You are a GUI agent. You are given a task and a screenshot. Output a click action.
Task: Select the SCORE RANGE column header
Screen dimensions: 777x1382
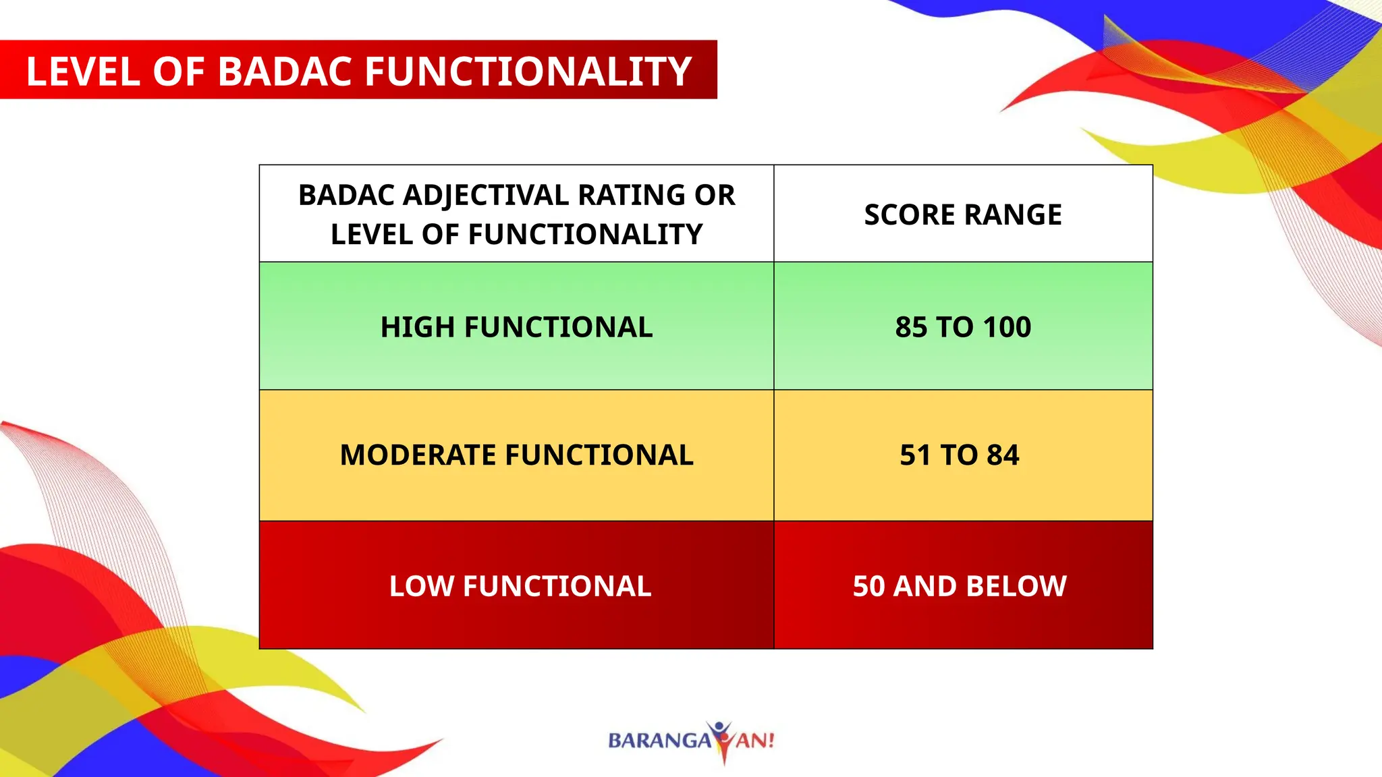963,214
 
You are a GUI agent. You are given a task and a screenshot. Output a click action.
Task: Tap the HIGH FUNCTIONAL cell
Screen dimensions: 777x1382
516,327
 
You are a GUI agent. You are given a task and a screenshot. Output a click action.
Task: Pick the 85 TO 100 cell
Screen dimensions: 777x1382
963,327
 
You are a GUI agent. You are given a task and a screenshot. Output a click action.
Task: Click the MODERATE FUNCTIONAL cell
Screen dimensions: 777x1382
516,455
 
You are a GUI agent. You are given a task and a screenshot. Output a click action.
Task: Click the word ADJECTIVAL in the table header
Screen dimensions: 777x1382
486,196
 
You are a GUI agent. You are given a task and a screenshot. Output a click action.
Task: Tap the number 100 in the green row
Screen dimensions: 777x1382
1007,327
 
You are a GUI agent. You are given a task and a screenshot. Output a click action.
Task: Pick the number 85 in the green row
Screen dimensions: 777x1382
911,327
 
